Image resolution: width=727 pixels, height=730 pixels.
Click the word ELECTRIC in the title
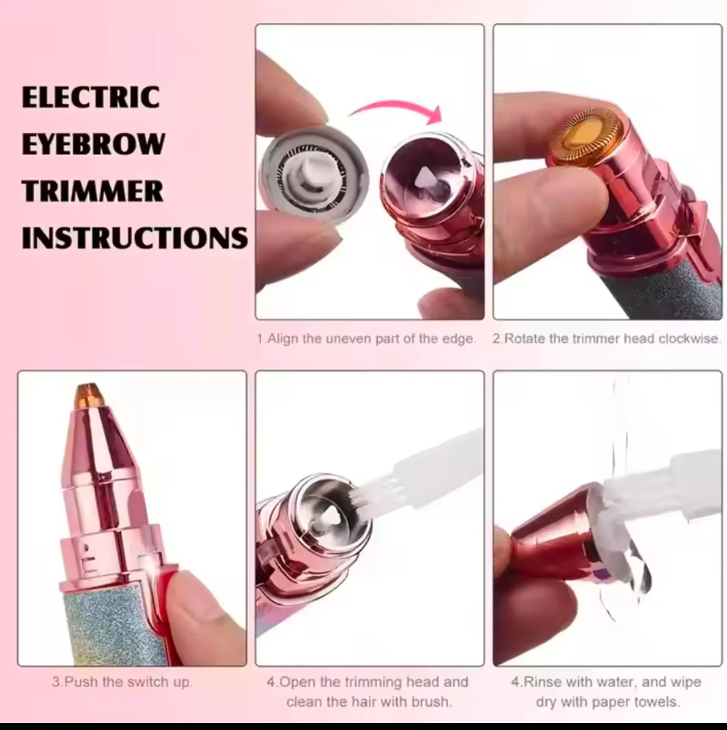[91, 97]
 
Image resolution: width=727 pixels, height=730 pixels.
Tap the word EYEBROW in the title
[93, 144]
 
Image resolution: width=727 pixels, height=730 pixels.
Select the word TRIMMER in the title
[92, 191]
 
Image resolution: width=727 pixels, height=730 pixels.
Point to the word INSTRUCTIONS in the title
[135, 238]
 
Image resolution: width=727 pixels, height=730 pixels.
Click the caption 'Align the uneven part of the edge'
[366, 339]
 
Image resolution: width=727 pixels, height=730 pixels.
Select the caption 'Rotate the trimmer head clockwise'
[607, 339]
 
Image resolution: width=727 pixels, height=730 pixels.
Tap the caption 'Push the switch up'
[122, 682]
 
